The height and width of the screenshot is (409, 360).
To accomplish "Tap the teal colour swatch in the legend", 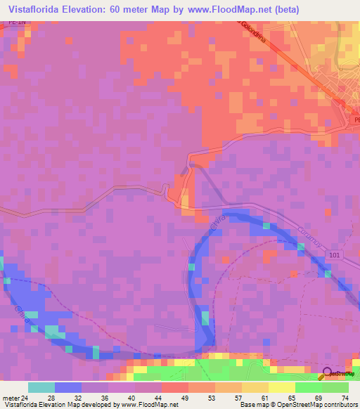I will tap(41, 387).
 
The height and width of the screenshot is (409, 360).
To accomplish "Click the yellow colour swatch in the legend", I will tap(281, 387).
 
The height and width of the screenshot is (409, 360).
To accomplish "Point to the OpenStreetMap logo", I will tap(337, 375).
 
